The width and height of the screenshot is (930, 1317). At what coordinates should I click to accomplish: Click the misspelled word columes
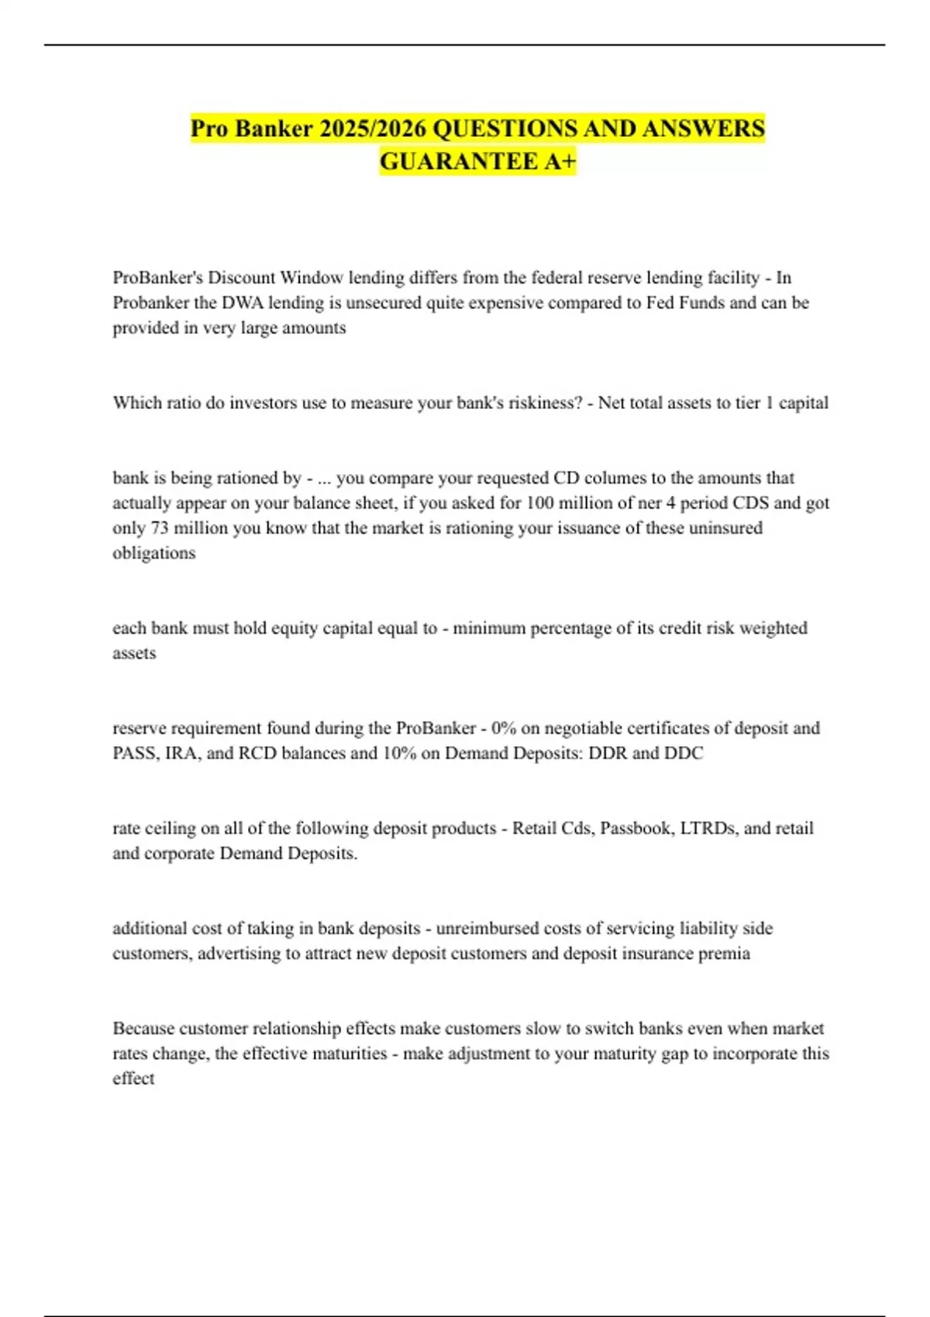612,478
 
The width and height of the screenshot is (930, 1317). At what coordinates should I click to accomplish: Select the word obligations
153,553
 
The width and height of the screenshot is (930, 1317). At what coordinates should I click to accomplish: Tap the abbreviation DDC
683,753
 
